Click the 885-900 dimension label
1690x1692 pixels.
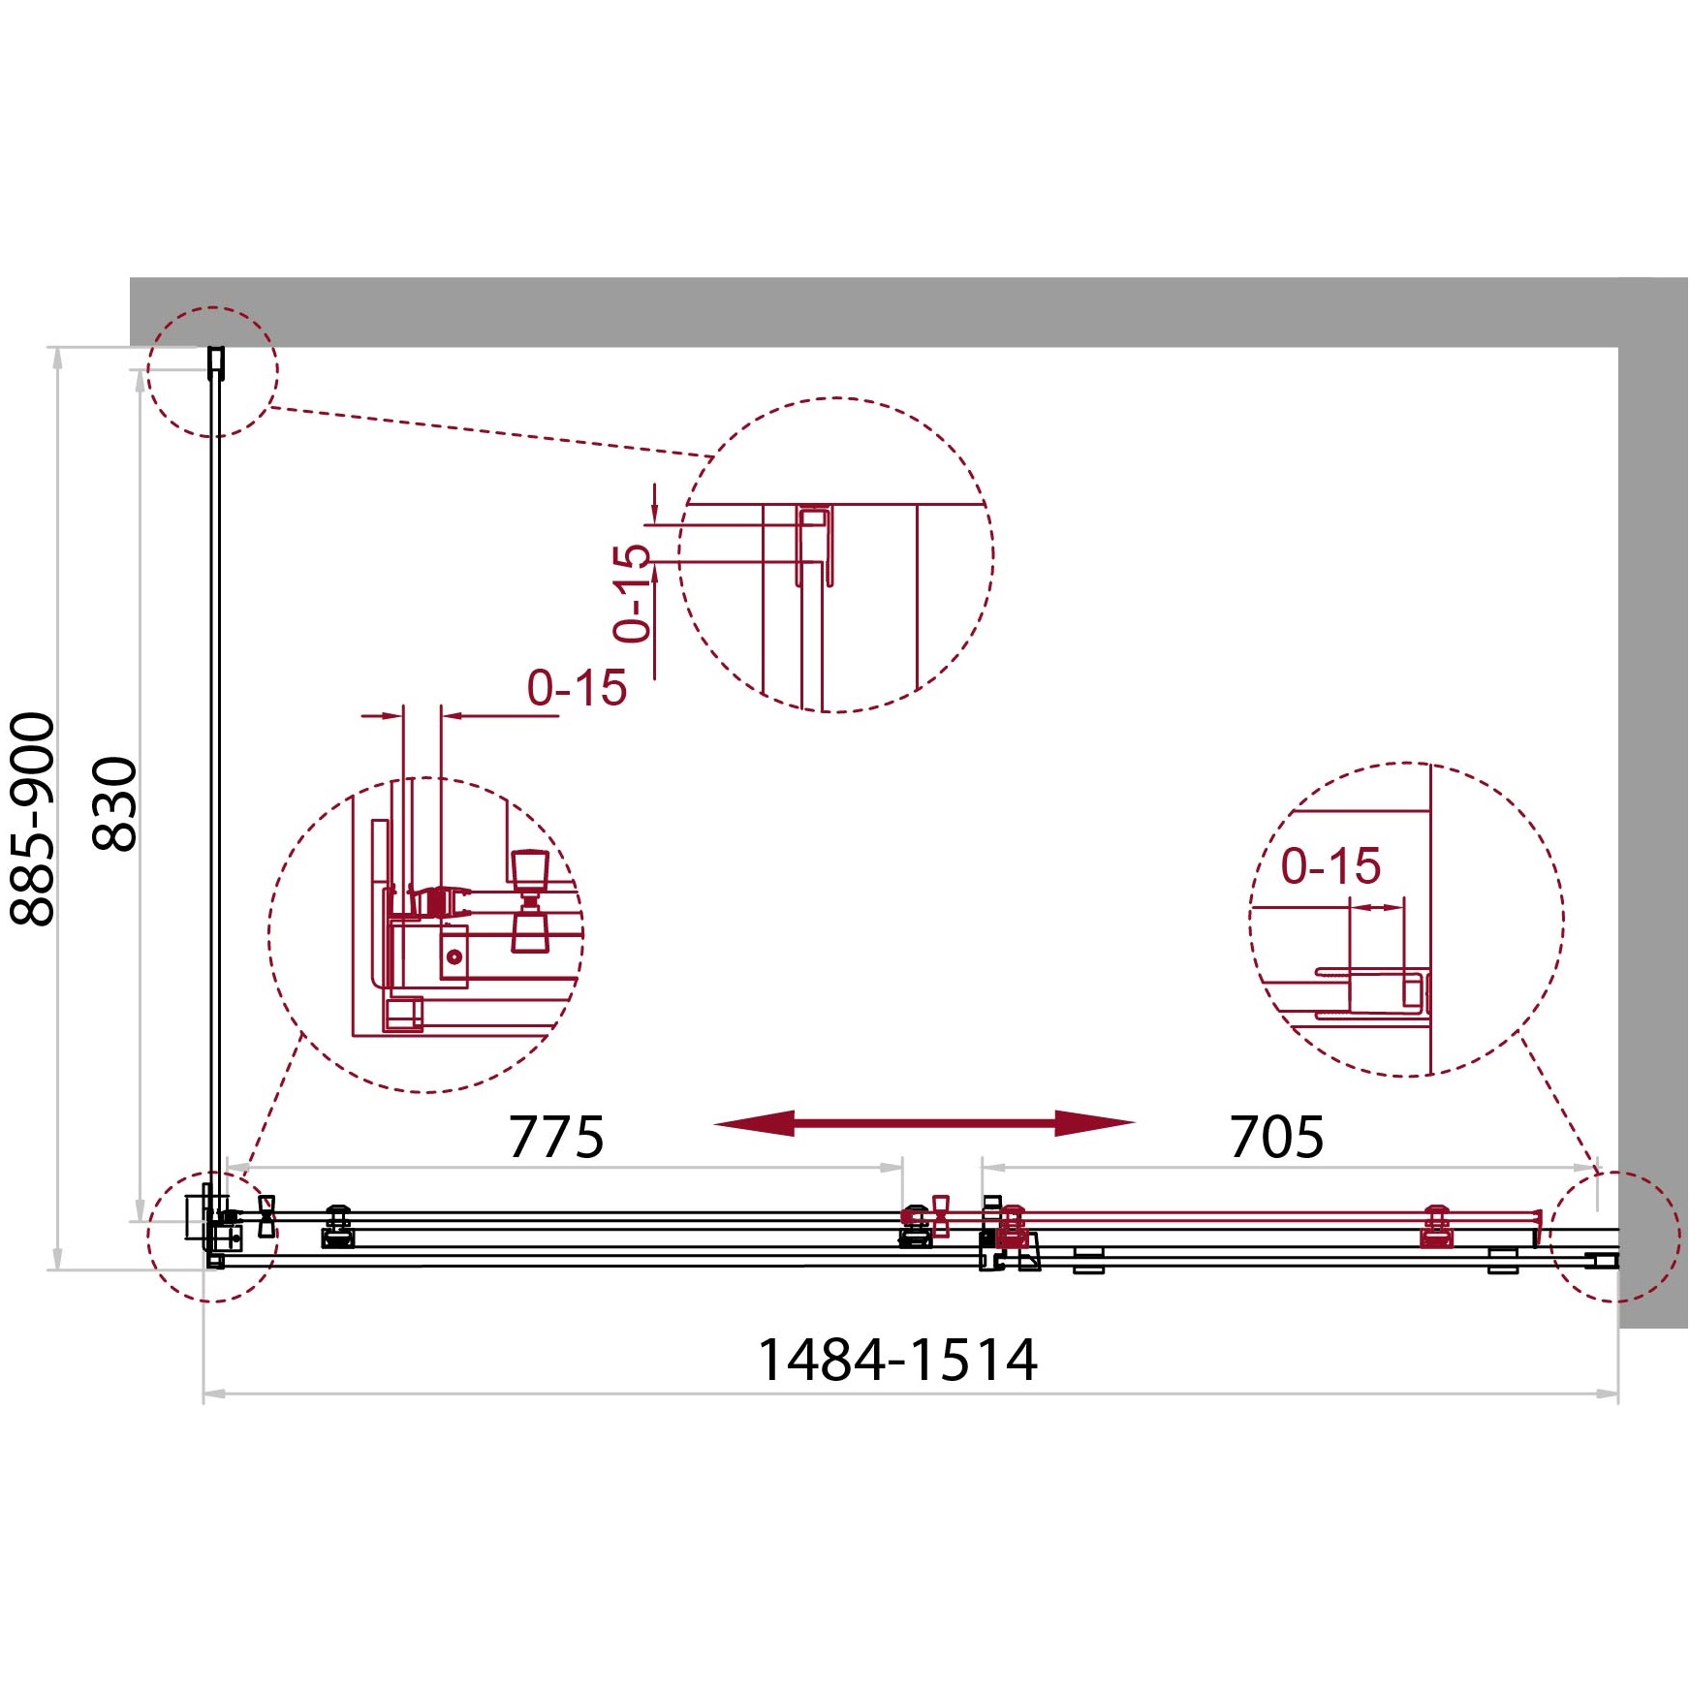[x=32, y=819]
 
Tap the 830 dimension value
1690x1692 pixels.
[x=114, y=803]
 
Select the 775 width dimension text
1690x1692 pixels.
[x=556, y=1137]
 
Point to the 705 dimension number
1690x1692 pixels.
[x=1276, y=1137]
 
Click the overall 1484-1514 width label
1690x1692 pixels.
[x=897, y=1360]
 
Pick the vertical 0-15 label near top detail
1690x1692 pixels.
[x=631, y=593]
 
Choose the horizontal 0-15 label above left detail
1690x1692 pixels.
[x=577, y=688]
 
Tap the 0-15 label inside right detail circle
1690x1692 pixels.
[x=1330, y=865]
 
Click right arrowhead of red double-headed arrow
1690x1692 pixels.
[x=1095, y=1123]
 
